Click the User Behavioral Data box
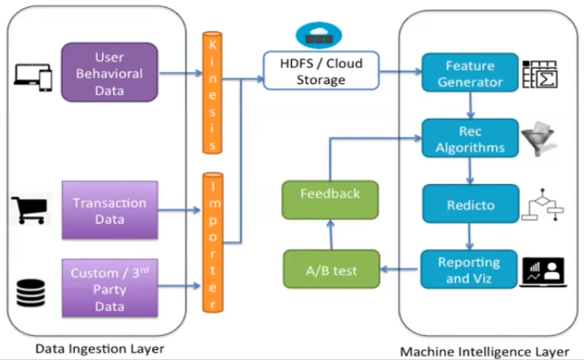(x=110, y=72)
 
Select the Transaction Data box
(x=110, y=210)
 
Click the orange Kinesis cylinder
(x=212, y=92)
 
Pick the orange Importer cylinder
(x=212, y=241)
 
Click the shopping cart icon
(x=30, y=210)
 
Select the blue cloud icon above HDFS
(x=318, y=35)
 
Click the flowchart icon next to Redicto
(x=542, y=206)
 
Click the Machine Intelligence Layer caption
(x=485, y=351)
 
